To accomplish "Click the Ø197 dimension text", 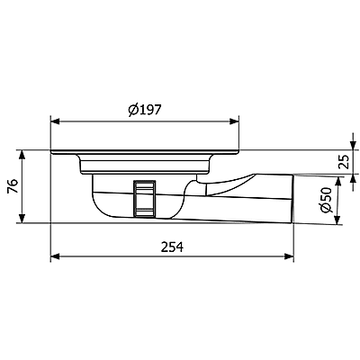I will (144, 109).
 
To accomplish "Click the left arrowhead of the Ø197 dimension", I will (52, 121).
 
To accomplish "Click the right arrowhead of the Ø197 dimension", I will (238, 121).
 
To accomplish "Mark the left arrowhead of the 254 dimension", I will (52, 257).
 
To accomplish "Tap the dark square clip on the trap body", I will (144, 197).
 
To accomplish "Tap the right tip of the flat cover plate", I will (237, 153).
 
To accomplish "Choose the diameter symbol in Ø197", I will (132, 109).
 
